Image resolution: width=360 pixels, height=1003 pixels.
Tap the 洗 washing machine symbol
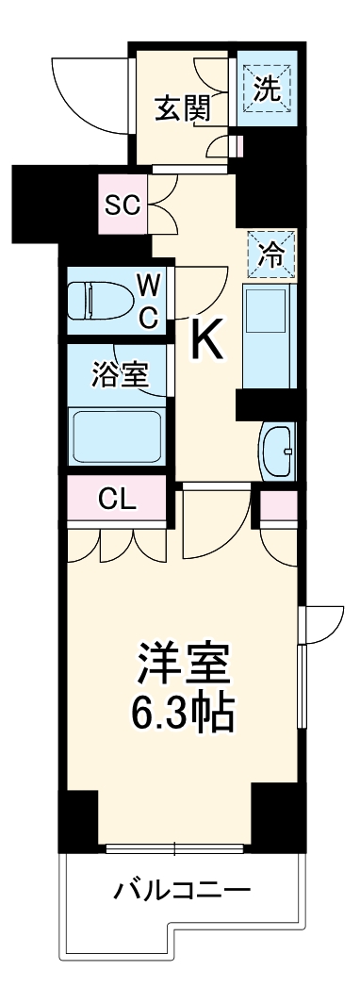(x=270, y=90)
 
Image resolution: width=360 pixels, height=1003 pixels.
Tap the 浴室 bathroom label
(x=120, y=374)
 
